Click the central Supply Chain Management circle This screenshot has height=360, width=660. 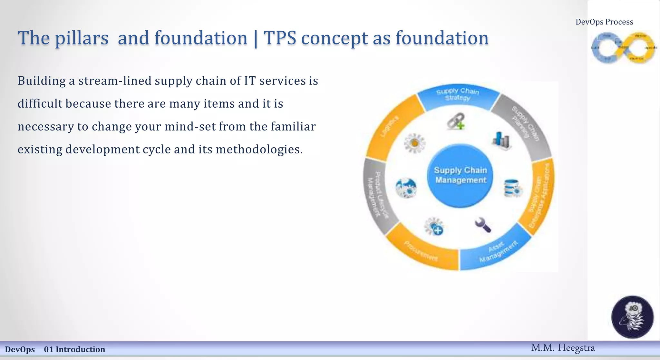coord(460,176)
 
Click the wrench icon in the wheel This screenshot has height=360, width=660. coord(483,225)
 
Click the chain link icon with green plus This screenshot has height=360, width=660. coord(456,121)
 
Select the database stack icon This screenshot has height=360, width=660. coord(512,188)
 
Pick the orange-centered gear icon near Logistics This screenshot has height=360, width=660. coord(415,143)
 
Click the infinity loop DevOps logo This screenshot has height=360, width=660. coord(623,48)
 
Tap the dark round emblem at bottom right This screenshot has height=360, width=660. coord(632,317)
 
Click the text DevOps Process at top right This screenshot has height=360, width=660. coord(604,22)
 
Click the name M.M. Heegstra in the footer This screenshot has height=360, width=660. coord(563,348)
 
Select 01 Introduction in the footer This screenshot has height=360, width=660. coord(74,349)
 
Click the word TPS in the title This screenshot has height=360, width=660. coord(280,38)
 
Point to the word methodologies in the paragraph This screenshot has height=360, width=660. coord(259,150)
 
